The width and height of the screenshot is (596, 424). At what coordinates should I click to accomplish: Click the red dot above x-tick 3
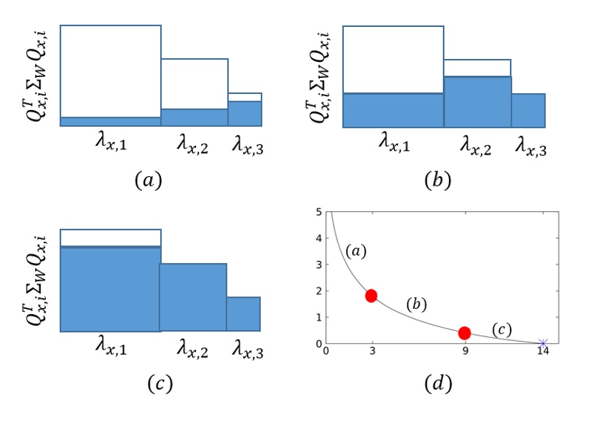click(372, 295)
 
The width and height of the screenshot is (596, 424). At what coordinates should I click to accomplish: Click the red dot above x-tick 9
click(464, 333)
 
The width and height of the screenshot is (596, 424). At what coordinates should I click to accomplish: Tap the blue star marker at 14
click(543, 342)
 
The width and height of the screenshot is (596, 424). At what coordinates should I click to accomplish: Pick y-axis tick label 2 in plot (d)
click(319, 291)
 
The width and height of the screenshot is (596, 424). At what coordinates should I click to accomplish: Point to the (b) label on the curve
click(417, 303)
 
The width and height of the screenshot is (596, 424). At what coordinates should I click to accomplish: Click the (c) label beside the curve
click(502, 330)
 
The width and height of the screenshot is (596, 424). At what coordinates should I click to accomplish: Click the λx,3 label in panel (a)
click(248, 145)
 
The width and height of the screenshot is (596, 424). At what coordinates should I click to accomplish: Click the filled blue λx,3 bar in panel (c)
click(243, 314)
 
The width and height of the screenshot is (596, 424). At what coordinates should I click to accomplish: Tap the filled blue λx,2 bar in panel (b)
click(477, 102)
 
